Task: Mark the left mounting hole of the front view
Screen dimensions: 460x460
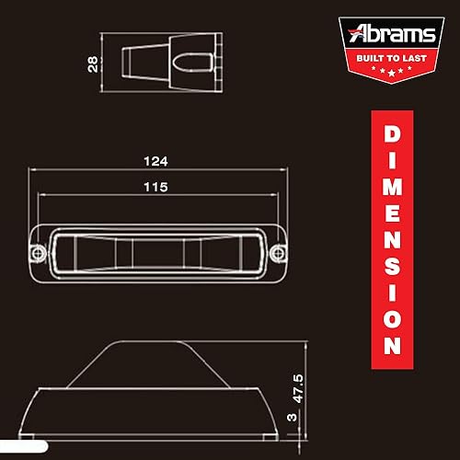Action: (x=38, y=252)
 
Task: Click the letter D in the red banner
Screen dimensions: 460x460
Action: (x=391, y=133)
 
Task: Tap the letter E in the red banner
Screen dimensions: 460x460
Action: (x=391, y=213)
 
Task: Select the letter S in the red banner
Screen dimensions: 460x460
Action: (x=391, y=266)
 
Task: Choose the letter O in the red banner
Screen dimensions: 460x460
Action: (x=391, y=317)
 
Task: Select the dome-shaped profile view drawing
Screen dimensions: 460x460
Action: (x=156, y=386)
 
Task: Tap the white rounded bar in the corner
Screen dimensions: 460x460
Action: (x=23, y=447)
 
